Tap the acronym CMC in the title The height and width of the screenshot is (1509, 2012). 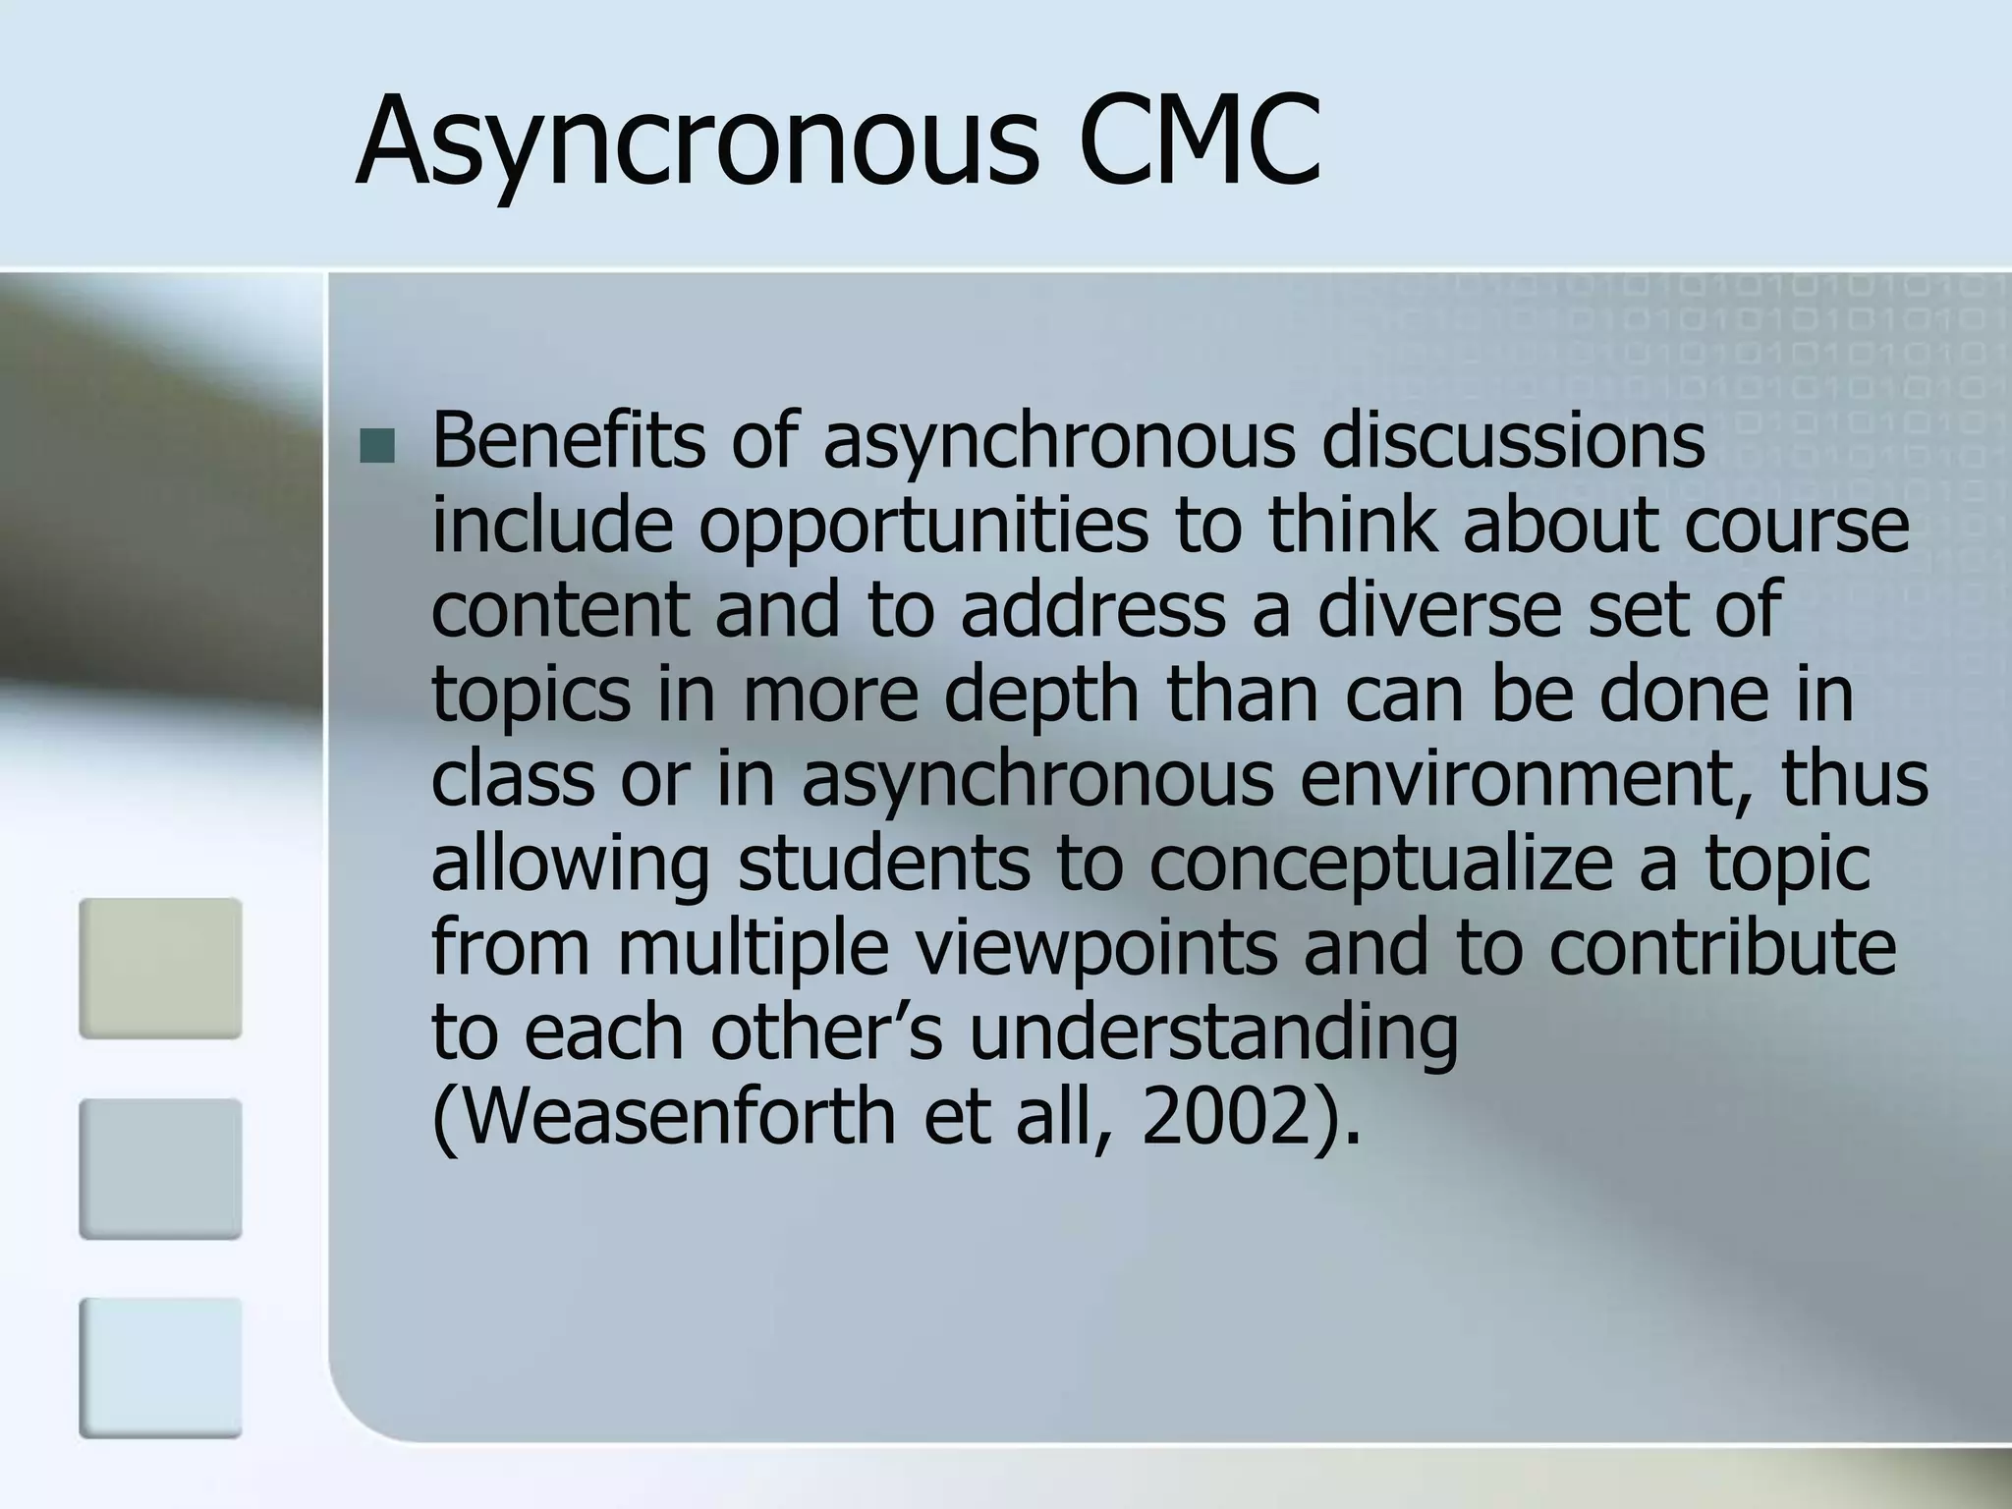pyautogui.click(x=1199, y=140)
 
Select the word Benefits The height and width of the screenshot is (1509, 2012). pyautogui.click(x=568, y=441)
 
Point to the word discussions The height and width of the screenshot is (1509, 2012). pyautogui.click(x=1513, y=441)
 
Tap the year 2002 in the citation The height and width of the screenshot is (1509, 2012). pyautogui.click(x=1224, y=1117)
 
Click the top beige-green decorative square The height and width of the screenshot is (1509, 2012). pyautogui.click(x=160, y=968)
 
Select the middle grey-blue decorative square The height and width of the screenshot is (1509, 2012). pyautogui.click(x=160, y=1168)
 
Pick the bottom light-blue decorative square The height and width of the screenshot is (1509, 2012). pyautogui.click(x=160, y=1368)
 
